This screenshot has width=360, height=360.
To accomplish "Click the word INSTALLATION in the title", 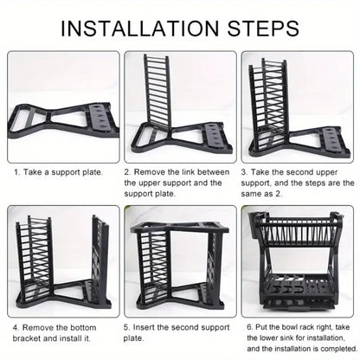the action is coord(140,29).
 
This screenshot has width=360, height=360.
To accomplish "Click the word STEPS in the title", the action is coord(263,29).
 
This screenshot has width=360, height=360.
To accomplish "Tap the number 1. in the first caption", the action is coord(17,172).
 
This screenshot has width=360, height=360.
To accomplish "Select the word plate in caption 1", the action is coord(93,172).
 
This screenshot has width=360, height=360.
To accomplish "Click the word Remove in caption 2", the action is coord(150,172).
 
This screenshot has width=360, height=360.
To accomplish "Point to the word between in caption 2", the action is coord(213,172).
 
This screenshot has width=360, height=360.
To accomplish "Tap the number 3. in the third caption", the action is coord(244,172).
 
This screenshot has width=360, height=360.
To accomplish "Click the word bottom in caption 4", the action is coord(81,327).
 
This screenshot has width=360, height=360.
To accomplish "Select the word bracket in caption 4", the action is coord(27,338).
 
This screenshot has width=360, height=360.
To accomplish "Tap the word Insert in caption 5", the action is coord(144,327).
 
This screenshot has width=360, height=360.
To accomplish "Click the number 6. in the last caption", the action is coord(250,327).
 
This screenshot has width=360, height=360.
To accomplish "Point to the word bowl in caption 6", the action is coord(289,327).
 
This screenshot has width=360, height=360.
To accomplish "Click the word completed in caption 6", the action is coord(339,349).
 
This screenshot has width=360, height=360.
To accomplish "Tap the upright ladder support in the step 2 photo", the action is coord(157,93).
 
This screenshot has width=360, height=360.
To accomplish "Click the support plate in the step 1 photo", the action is coord(63,120).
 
